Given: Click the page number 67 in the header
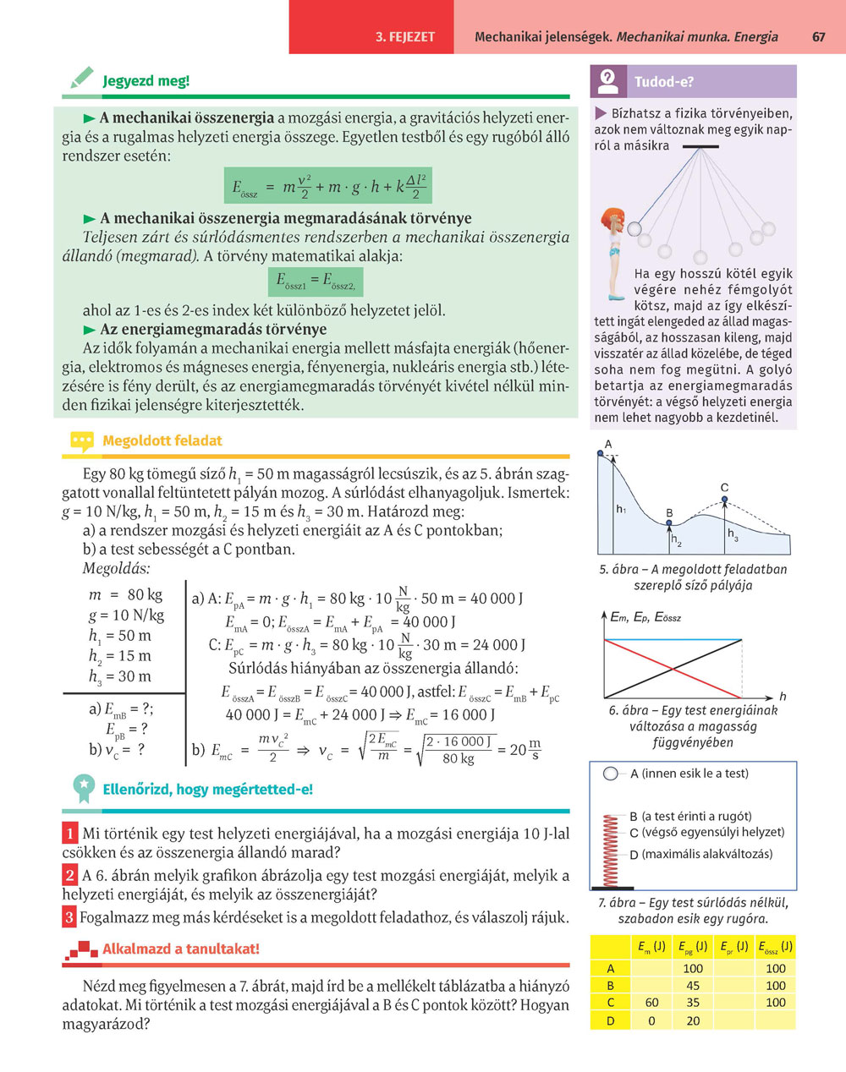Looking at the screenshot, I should (818, 36).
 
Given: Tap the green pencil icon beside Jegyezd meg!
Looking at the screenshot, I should (82, 79).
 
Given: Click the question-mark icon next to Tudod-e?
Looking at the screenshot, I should (607, 81).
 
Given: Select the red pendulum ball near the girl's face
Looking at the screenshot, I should (633, 227).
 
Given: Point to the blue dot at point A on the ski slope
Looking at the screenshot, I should (601, 453).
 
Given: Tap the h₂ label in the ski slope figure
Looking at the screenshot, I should (676, 541).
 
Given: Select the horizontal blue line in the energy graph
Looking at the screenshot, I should (673, 640).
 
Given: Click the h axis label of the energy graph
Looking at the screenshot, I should (783, 696).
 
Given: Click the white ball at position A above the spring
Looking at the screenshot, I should (611, 774).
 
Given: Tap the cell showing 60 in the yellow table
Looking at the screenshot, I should (651, 1003).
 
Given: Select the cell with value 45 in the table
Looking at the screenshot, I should (692, 986).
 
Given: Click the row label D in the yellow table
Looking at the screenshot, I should (611, 1020).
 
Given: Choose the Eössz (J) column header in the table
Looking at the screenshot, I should (775, 946).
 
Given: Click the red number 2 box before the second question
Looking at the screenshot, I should (70, 875).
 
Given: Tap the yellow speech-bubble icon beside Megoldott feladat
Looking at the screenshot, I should (81, 440).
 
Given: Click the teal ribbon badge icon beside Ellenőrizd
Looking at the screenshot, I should (83, 788).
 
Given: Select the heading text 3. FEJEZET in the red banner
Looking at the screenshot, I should (405, 37).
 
